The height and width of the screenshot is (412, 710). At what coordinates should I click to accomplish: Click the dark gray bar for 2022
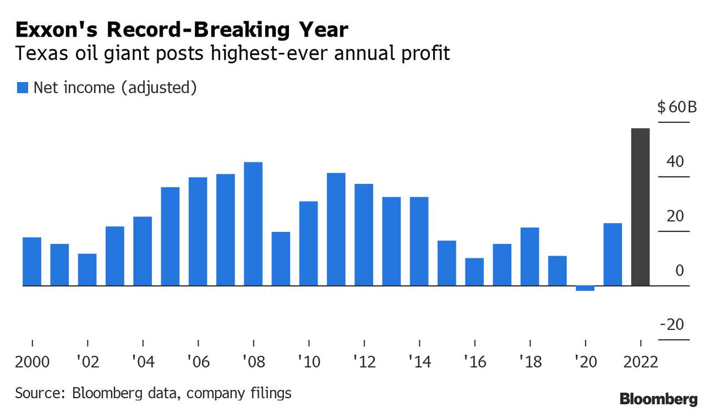641,207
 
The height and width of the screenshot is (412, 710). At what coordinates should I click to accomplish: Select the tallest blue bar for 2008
253,224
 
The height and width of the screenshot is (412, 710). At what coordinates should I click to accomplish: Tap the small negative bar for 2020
585,288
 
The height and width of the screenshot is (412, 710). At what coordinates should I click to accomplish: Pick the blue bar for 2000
32,262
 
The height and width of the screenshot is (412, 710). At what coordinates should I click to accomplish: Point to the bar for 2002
87,270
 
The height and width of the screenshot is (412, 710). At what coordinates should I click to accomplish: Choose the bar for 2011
336,229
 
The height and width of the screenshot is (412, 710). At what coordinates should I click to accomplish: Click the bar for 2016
474,272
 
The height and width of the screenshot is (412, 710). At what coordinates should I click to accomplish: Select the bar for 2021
612,254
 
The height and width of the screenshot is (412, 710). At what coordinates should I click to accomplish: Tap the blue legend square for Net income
23,88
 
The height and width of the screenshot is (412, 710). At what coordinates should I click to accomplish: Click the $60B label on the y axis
676,107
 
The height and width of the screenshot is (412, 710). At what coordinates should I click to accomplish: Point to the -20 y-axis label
672,325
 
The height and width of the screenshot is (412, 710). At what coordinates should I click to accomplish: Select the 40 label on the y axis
676,162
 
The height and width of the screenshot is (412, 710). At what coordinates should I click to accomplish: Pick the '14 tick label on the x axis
419,362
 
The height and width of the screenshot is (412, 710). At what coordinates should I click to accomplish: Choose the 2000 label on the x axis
32,362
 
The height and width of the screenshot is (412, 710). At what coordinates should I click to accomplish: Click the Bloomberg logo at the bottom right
658,399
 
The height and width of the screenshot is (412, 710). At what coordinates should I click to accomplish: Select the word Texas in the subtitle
37,54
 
